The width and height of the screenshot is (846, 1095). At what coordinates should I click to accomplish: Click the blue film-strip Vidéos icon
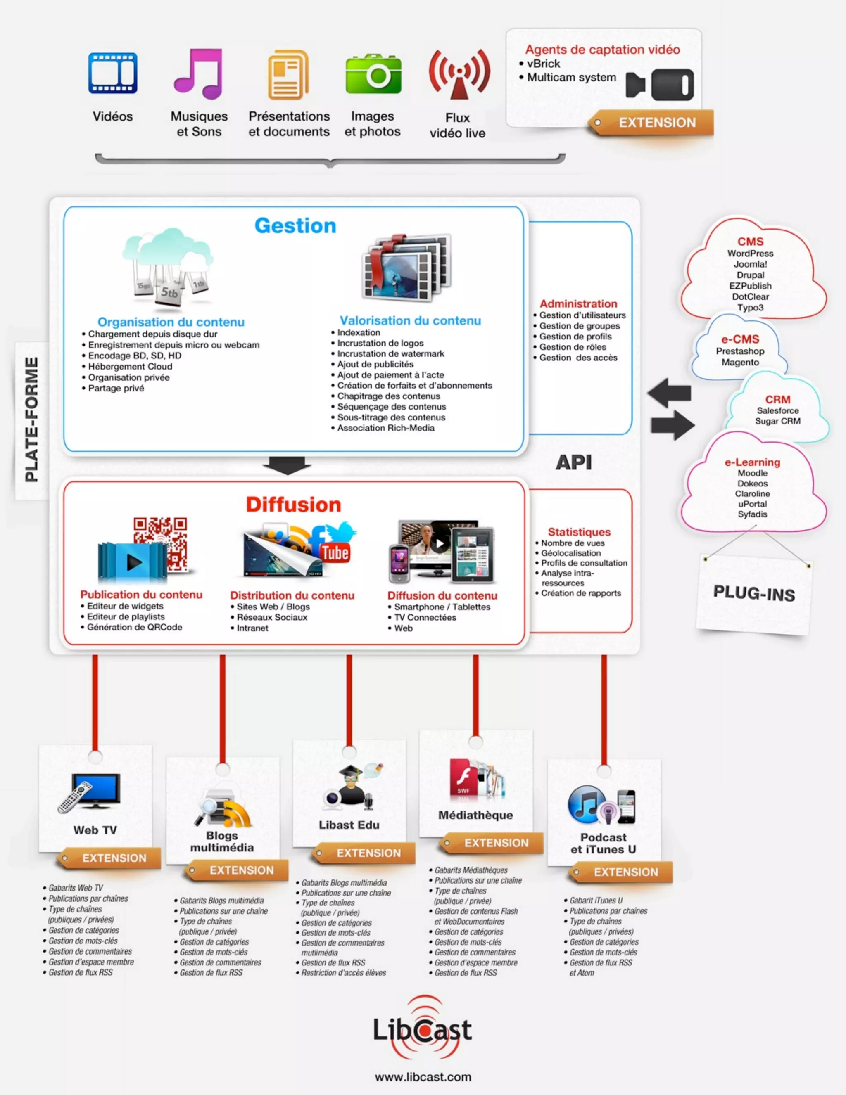[113, 73]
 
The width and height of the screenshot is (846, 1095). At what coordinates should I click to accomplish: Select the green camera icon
[373, 74]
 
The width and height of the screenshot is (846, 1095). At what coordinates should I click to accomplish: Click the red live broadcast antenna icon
[459, 74]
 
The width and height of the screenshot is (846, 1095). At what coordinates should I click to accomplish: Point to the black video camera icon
[660, 84]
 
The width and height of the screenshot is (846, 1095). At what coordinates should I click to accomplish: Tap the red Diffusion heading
[293, 505]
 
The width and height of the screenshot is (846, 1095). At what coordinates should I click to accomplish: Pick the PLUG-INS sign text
[754, 594]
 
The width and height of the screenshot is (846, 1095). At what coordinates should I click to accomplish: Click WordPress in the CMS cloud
[750, 254]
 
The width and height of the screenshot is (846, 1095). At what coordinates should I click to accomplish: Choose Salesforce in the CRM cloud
[778, 410]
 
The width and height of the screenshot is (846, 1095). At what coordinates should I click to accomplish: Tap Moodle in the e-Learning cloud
[752, 473]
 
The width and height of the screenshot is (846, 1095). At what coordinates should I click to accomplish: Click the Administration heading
[578, 304]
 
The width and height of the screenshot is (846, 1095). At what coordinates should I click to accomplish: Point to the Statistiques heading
[579, 532]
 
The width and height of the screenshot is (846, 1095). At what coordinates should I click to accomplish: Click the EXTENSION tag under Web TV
[114, 858]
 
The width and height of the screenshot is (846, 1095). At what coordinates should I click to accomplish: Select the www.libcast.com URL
[423, 1076]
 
